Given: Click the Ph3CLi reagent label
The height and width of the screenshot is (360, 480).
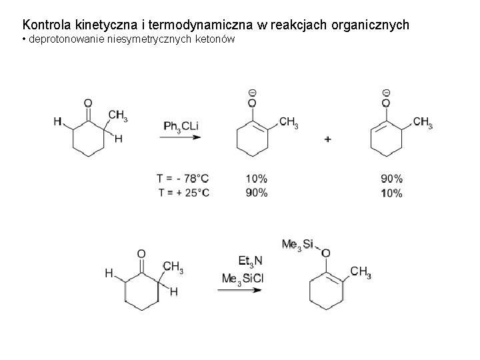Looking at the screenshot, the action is point(182,126).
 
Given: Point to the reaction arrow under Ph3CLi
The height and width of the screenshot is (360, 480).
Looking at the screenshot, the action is point(181,138).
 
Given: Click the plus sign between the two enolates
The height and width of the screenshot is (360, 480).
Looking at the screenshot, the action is point(328,139).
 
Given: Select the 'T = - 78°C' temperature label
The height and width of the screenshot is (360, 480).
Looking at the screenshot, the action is point(183,179).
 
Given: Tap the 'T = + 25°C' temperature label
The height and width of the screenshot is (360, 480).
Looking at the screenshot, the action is point(183,193).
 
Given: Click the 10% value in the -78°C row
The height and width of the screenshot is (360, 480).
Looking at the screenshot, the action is point(257,179).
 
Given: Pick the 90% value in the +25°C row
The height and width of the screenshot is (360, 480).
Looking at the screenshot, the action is point(257,193).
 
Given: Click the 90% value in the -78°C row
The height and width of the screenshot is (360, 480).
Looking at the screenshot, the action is point(391,179).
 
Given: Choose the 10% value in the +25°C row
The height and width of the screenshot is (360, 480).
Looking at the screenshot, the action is point(391,193).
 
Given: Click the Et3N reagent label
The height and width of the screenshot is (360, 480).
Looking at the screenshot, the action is point(251,260).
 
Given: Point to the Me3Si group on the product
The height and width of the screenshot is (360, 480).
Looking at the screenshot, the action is point(297,245).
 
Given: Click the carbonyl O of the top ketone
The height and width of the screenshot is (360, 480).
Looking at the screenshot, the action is point(88,103).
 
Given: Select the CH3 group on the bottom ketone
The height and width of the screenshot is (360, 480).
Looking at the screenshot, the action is point(173,268).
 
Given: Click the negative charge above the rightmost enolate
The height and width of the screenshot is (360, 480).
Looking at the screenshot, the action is point(387,92).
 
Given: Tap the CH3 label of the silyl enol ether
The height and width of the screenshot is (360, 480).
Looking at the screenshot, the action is point(360,272).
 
